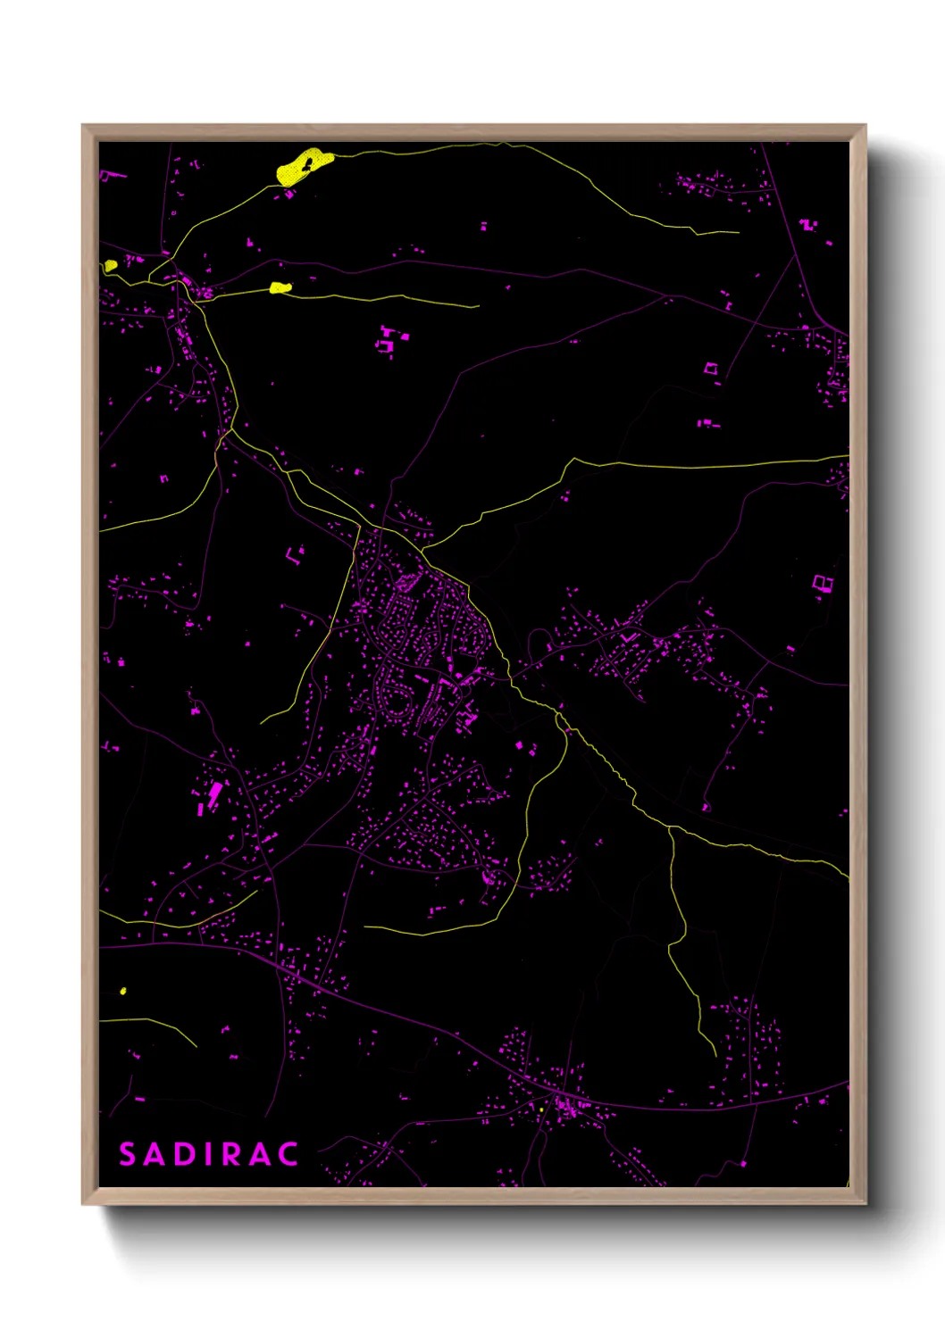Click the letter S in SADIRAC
128,1154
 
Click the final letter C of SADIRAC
288,1154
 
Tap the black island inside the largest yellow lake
306,164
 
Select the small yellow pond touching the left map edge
110,265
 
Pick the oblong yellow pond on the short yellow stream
280,287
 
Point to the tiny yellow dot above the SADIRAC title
123,991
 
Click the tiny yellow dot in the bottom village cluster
541,1109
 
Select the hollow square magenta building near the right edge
823,584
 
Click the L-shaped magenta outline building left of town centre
293,555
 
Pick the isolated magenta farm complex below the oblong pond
389,342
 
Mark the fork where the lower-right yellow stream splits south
670,827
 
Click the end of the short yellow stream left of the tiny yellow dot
195,1045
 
